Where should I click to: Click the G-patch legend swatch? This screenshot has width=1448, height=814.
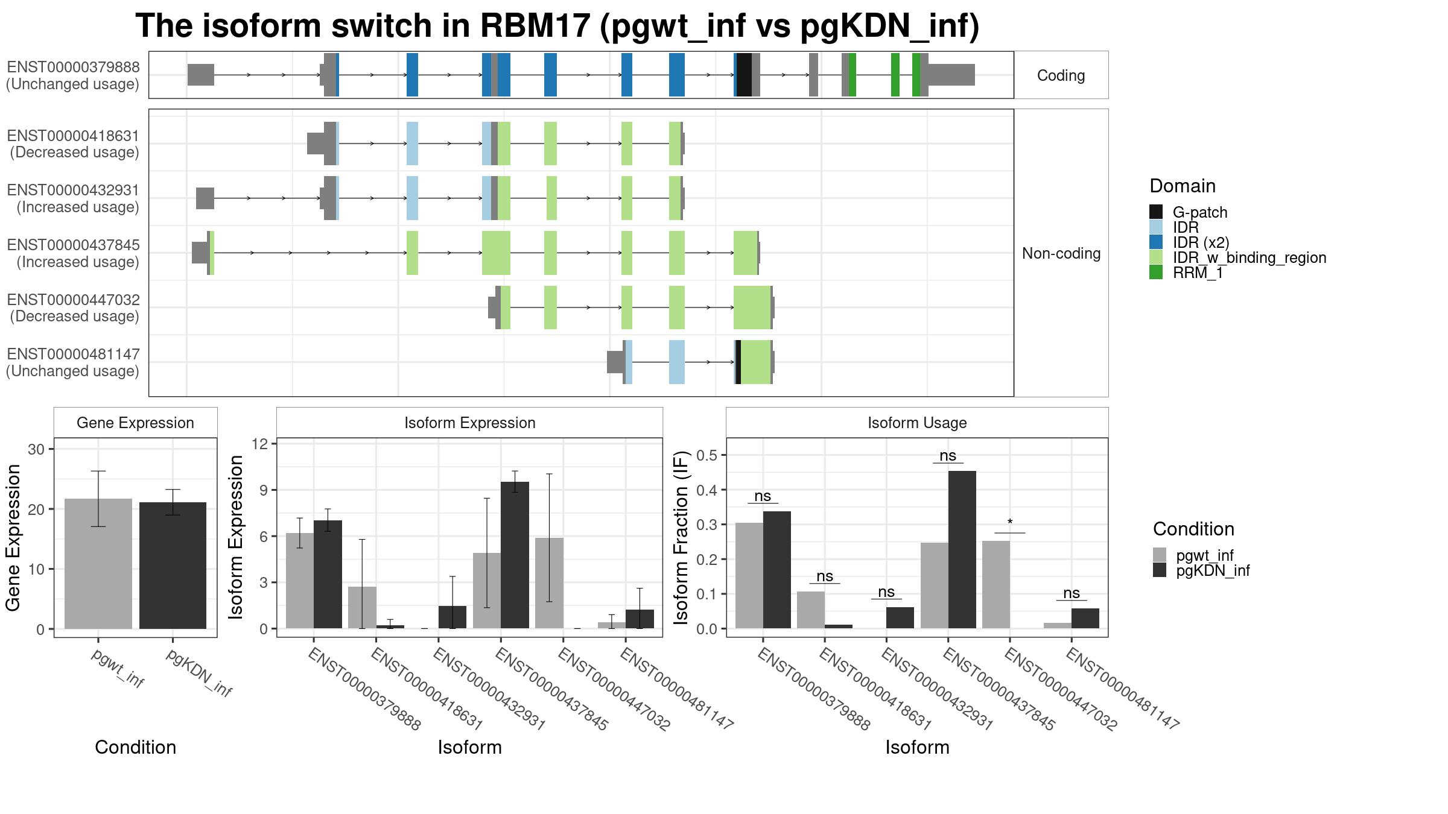click(1156, 212)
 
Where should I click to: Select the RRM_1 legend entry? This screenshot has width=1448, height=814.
click(1186, 273)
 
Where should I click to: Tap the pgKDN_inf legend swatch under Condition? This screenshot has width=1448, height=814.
click(1160, 570)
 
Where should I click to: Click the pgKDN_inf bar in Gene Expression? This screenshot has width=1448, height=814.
click(173, 566)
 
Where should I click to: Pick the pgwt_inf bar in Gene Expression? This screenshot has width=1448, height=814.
click(98, 564)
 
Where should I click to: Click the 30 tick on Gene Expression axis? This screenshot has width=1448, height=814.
click(36, 449)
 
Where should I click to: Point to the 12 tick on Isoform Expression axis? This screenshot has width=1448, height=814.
click(260, 444)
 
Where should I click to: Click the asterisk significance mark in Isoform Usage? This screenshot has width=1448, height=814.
click(1010, 523)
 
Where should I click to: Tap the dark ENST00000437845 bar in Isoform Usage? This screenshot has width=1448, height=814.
click(962, 550)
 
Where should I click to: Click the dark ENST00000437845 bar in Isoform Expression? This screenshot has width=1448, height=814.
click(515, 555)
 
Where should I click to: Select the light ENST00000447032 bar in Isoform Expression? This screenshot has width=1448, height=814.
click(549, 583)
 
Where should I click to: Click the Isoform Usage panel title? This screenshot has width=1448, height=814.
click(917, 423)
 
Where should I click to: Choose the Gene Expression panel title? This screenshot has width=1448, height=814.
click(135, 423)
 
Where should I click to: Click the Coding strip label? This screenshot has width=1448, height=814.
click(1061, 75)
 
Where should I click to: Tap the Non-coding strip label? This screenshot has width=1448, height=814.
click(1061, 253)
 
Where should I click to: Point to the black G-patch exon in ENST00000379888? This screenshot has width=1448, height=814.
click(744, 75)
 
